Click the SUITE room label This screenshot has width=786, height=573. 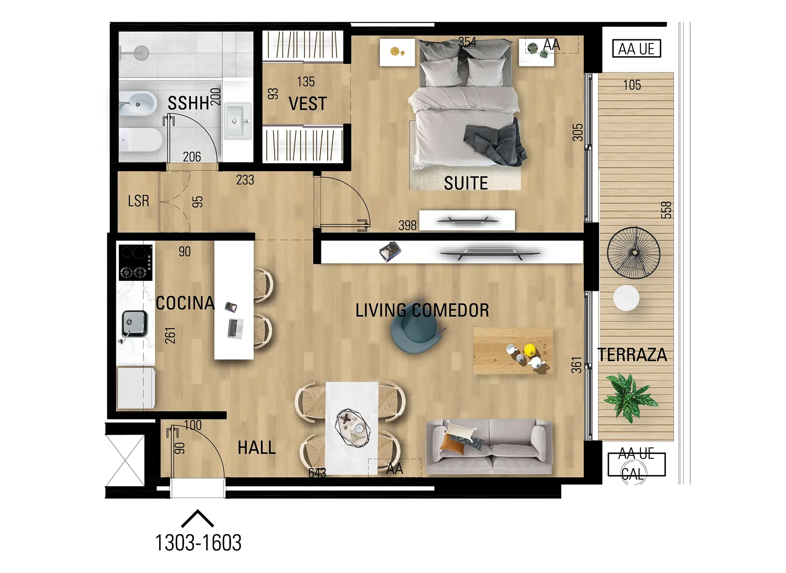466,183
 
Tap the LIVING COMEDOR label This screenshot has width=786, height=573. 422,310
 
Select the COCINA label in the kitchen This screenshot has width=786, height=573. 185,303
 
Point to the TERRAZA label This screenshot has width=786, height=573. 632,355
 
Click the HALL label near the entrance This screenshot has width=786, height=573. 257,448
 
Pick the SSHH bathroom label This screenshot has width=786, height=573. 188,103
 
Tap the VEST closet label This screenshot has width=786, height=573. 307,104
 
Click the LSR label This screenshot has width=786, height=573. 138,201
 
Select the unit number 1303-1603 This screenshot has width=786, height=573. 198,543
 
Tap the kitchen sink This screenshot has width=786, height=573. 134,324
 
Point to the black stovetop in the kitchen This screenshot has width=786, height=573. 136,262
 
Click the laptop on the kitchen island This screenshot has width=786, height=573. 235,328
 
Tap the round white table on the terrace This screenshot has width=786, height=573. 626,298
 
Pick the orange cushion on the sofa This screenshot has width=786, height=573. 452,444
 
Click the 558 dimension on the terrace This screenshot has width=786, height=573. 666,210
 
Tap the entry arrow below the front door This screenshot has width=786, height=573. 197,518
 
